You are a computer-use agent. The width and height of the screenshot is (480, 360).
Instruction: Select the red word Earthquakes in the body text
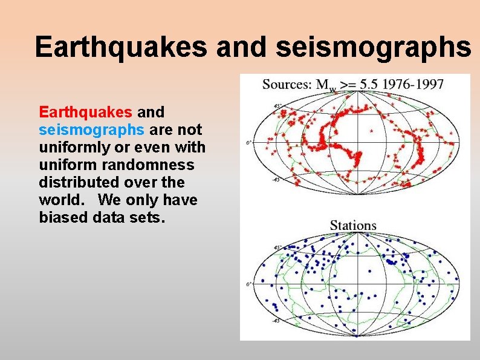point(85,113)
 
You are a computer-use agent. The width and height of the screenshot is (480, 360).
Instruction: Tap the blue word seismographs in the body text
point(91,130)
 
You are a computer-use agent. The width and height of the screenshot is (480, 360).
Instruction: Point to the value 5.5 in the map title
point(368,84)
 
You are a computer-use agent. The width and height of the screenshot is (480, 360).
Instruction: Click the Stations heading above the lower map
point(353,226)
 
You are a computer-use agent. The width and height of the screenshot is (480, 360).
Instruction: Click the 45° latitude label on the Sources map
point(277,106)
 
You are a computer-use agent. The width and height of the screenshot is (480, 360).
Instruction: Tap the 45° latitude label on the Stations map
point(277,247)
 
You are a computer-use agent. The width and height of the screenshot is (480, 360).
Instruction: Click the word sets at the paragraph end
point(146,217)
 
